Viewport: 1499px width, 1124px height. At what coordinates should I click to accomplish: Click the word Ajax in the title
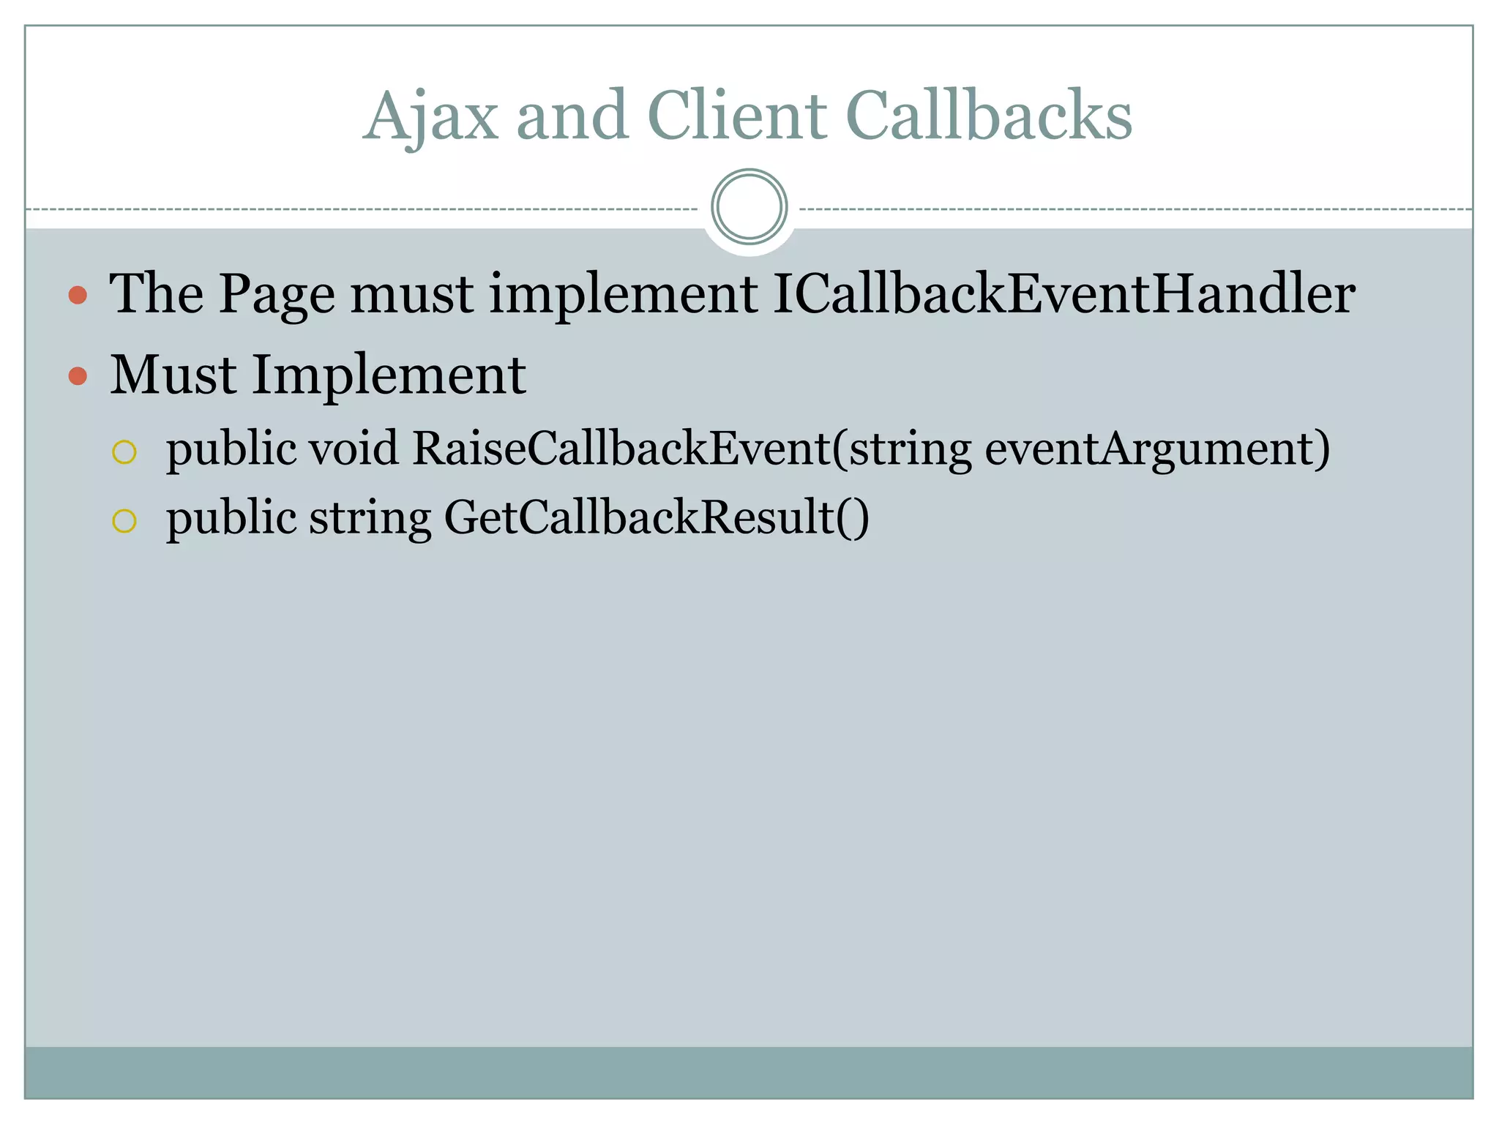pos(431,117)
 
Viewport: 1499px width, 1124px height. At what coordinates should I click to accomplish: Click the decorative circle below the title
pos(749,207)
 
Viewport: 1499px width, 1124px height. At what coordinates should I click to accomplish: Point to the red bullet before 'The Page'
pos(78,296)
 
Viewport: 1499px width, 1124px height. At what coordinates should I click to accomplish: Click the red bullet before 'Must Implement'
pos(78,376)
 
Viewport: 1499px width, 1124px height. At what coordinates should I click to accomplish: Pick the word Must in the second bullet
pos(173,375)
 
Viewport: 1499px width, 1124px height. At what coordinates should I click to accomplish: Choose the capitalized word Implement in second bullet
pos(389,376)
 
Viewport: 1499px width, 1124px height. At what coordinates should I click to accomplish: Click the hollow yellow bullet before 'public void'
pos(124,452)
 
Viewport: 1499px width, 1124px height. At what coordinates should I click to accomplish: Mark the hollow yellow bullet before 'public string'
pos(124,521)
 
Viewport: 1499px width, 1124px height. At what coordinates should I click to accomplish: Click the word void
pos(354,448)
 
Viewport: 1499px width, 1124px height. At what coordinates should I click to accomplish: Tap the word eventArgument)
pos(1157,449)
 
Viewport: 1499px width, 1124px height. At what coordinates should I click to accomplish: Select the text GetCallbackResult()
pos(657,518)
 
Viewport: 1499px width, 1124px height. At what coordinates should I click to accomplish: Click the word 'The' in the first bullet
pos(157,294)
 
